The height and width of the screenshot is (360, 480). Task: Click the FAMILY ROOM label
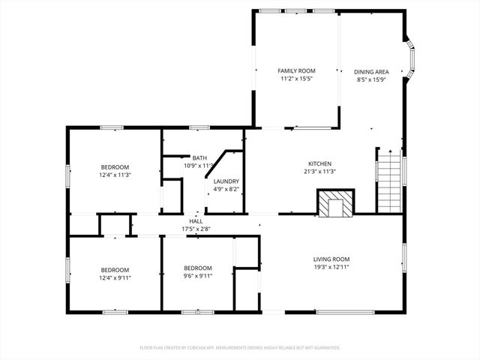pyautogui.click(x=296, y=70)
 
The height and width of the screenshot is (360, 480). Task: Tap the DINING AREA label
pyautogui.click(x=370, y=72)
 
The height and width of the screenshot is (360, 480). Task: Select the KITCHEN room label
pyautogui.click(x=320, y=163)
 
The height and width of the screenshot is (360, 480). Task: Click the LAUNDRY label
pyautogui.click(x=226, y=181)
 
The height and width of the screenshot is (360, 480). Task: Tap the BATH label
pyautogui.click(x=199, y=157)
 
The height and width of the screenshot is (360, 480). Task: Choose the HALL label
pyautogui.click(x=196, y=221)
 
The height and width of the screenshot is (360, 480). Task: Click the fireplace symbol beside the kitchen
pyautogui.click(x=334, y=203)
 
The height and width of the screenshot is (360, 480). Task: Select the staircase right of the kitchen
pyautogui.click(x=389, y=182)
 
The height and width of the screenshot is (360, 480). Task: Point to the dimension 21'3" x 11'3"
pyautogui.click(x=320, y=171)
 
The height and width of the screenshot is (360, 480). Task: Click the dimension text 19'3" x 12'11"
pyautogui.click(x=331, y=267)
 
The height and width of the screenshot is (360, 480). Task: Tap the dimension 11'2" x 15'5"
pyautogui.click(x=296, y=78)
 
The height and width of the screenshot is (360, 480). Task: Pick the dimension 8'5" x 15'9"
pyautogui.click(x=370, y=79)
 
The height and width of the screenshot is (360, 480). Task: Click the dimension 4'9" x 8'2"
pyautogui.click(x=226, y=189)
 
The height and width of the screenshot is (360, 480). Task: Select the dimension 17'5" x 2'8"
pyautogui.click(x=196, y=229)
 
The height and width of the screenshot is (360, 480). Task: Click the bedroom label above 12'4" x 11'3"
pyautogui.click(x=115, y=166)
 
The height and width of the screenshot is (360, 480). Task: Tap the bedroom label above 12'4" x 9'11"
pyautogui.click(x=115, y=269)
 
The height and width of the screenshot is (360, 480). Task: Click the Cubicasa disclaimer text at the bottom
pyautogui.click(x=240, y=348)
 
